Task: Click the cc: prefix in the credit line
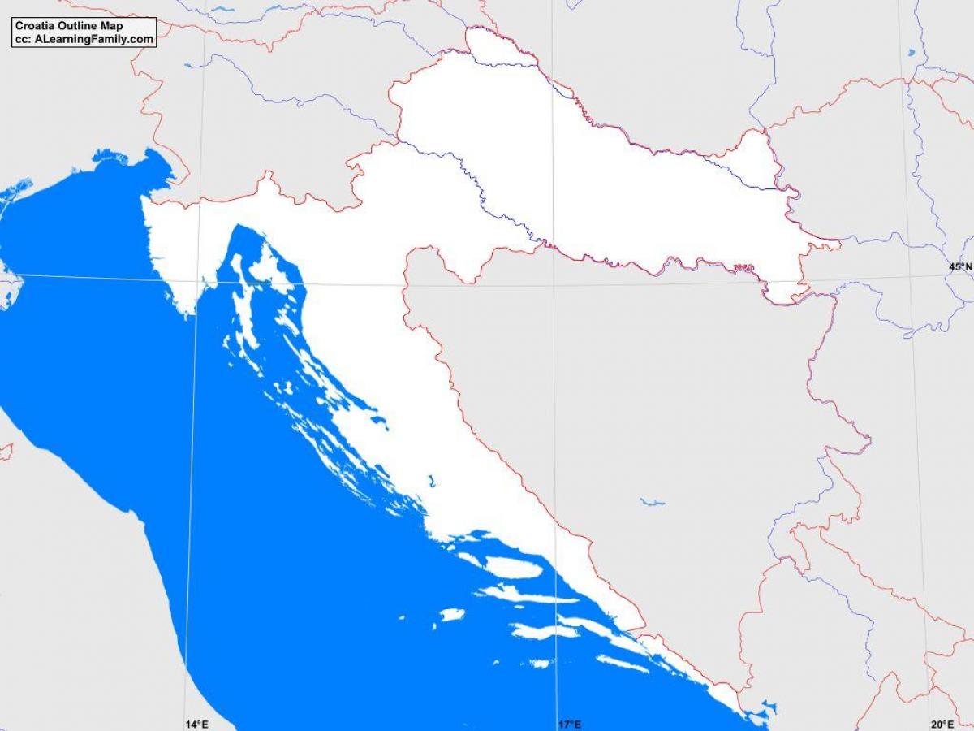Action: pos(22,39)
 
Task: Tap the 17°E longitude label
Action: pos(569,724)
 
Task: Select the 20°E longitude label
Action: pos(942,724)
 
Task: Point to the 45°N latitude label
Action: pos(961,266)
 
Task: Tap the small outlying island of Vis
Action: pos(452,615)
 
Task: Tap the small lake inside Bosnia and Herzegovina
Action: pos(652,502)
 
